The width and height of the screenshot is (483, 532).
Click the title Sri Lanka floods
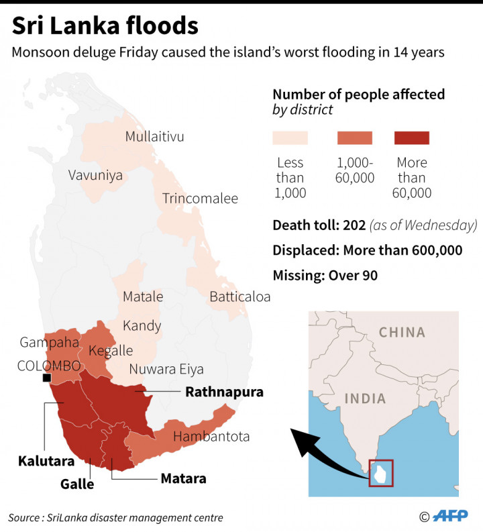coord(105,26)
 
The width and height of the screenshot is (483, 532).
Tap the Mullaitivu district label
coord(154,137)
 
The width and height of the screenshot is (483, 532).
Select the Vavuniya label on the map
coord(95,175)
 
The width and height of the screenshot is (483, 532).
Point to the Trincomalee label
coord(200,199)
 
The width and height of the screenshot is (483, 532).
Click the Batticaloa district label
coord(240,297)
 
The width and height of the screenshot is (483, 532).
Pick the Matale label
coord(143,297)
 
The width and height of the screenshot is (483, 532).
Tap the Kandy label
coord(142,326)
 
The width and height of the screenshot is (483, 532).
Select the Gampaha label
coord(50,342)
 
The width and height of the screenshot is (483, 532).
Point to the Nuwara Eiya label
coord(166,369)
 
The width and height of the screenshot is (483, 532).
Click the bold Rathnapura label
coord(224,392)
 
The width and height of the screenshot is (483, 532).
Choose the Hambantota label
coord(211,437)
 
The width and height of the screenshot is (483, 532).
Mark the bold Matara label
coord(183,479)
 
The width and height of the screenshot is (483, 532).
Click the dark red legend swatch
coord(411,138)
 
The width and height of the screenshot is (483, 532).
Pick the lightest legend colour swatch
coord(290,138)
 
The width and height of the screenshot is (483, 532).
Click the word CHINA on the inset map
coord(402,332)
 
